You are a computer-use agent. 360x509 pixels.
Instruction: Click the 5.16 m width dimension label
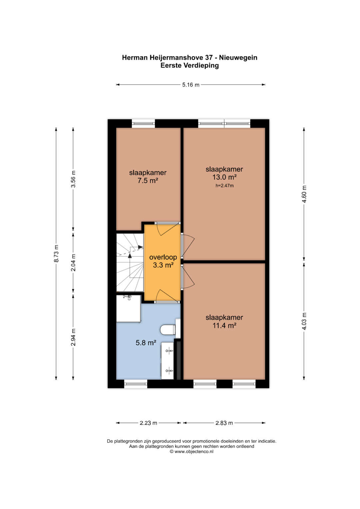coord(190,85)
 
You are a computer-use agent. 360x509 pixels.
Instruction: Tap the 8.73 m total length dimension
coord(56,253)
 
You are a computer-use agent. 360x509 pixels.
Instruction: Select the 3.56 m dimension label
coord(73,179)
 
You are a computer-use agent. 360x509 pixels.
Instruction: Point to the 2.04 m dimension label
coord(73,262)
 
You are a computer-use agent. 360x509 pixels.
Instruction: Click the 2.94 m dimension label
coord(73,337)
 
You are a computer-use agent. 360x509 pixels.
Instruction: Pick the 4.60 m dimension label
coord(304,194)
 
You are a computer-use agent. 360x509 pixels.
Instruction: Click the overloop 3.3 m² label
coord(163,261)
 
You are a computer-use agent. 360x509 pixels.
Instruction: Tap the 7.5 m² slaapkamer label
coord(148,177)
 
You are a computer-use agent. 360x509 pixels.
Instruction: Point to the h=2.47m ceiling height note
coord(225,186)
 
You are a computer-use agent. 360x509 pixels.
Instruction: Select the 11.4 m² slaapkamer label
coord(224,321)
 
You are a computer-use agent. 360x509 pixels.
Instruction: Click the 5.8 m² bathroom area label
coord(146,343)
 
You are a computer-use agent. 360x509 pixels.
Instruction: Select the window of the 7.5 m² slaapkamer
coord(143,123)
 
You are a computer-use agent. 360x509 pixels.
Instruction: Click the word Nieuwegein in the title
coord(238,58)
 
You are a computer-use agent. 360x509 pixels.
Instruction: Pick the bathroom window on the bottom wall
coord(136,384)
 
